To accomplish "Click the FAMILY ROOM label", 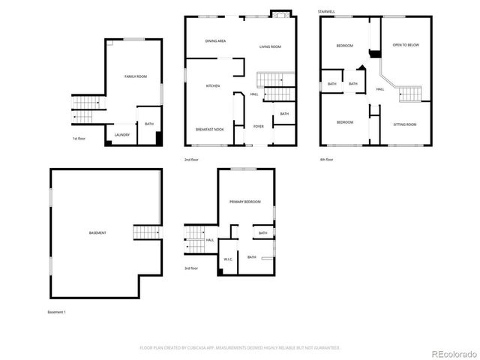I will click(136, 76).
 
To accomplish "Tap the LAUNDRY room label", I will click(122, 135).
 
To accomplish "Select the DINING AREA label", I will click(216, 40).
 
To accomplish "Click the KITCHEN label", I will click(213, 86).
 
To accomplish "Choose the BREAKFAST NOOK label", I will click(210, 129).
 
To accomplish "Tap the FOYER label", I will click(258, 126).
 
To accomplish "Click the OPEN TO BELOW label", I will click(406, 45).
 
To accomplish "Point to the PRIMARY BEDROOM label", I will click(245, 202).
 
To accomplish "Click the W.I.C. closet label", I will click(229, 259).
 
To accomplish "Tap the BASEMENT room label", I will click(97, 233).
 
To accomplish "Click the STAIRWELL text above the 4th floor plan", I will click(326, 11).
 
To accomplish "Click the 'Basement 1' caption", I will click(57, 311).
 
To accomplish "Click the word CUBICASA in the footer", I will click(199, 348).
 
